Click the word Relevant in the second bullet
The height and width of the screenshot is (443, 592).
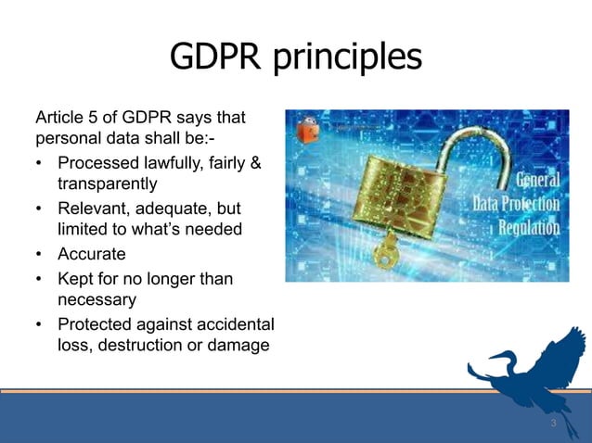(x=92, y=208)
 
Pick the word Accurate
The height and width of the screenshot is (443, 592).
(x=92, y=253)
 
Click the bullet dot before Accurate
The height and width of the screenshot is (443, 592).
(x=39, y=253)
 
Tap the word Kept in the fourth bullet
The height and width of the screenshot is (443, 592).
(x=75, y=278)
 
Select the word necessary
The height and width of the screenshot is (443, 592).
(x=97, y=299)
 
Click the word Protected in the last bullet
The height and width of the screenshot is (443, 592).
(x=96, y=323)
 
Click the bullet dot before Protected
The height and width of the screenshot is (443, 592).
(x=39, y=323)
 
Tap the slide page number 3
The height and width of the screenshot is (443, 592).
(x=553, y=424)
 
